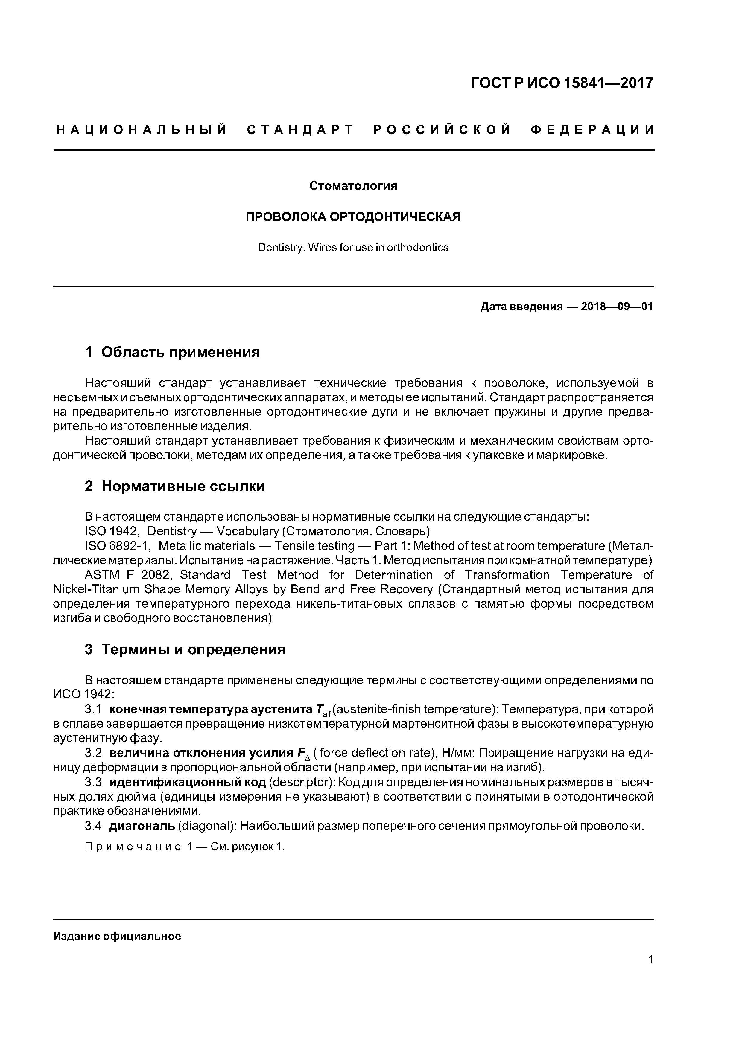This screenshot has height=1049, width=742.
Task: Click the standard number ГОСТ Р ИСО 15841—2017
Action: click(x=562, y=83)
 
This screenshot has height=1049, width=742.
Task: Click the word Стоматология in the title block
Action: click(x=353, y=186)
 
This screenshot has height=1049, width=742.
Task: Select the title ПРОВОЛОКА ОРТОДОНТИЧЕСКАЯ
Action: click(x=353, y=216)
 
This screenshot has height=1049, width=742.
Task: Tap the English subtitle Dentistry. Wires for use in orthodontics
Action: click(x=353, y=248)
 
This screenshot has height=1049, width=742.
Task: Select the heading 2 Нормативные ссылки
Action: click(x=175, y=486)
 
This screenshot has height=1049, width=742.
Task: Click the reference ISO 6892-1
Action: click(x=118, y=546)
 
